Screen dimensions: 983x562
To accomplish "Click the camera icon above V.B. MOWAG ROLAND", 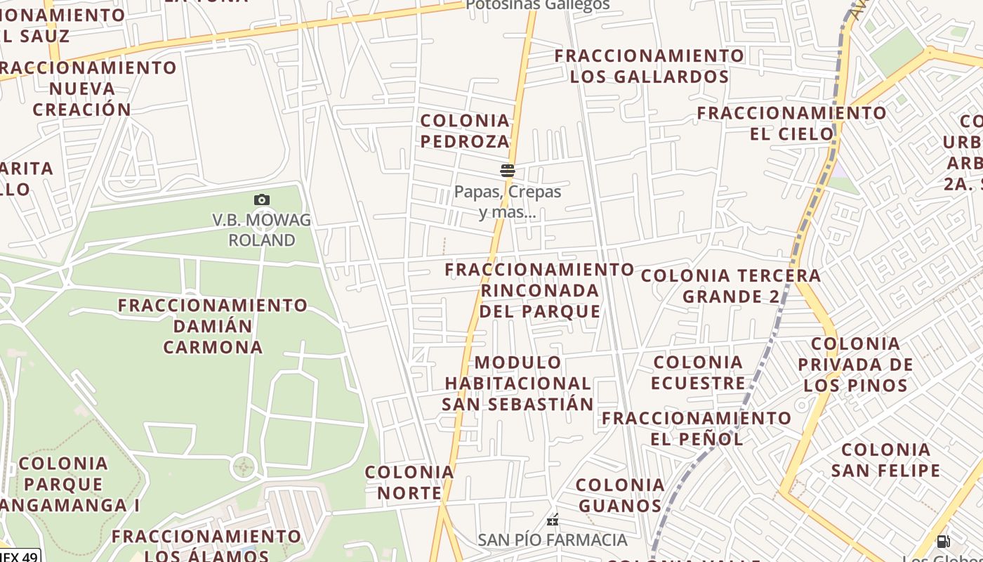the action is (262, 200).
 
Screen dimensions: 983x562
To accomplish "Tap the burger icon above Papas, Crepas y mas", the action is (508, 170).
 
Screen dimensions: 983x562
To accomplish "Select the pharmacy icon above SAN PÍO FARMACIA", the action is (553, 521).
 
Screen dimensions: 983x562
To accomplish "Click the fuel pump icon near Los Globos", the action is (943, 542).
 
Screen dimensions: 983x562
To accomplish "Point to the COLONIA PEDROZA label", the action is (465, 131).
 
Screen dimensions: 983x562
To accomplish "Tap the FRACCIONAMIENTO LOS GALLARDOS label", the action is (649, 66).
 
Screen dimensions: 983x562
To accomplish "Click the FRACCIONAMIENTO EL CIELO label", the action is (792, 123).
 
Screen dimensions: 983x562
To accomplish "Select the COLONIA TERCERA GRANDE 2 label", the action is (731, 286).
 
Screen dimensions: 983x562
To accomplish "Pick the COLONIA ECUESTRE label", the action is (698, 372).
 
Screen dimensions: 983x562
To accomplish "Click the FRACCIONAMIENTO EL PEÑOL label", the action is (697, 429).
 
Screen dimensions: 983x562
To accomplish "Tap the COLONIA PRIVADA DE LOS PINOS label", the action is (856, 364).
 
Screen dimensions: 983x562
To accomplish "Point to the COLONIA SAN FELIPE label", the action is (885, 459).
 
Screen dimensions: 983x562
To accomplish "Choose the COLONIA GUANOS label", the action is (620, 495).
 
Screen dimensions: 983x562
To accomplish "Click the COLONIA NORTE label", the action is (409, 482).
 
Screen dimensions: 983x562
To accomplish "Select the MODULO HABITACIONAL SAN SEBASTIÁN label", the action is (518, 383).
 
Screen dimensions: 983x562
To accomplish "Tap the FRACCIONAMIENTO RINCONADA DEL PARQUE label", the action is (540, 290).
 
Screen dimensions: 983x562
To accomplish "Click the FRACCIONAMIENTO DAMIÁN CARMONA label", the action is (213, 326).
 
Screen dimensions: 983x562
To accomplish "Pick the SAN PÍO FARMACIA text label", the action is (553, 540).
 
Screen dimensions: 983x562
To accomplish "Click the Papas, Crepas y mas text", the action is (508, 201).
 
